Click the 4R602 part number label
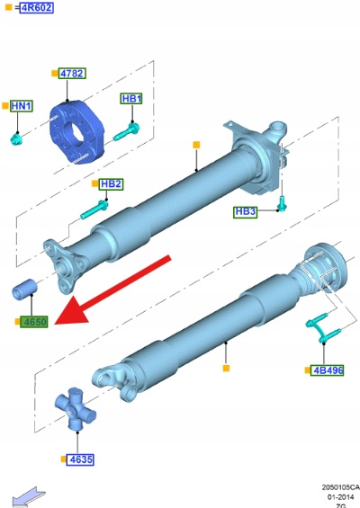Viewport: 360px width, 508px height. click(36, 7)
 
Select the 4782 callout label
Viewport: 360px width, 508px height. click(72, 74)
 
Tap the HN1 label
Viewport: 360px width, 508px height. click(22, 106)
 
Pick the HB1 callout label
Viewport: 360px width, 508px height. click(131, 99)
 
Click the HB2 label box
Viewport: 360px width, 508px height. click(111, 184)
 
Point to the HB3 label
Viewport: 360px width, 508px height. click(245, 211)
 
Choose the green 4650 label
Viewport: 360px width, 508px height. click(34, 322)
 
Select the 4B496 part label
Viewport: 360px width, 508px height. click(328, 370)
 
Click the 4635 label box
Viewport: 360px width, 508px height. click(80, 459)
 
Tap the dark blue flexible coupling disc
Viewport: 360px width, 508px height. click(76, 132)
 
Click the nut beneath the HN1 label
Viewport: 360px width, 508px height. click(15, 139)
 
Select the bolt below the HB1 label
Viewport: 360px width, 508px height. click(127, 132)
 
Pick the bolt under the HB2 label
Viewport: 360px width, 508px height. click(94, 209)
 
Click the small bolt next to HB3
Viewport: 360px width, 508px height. click(283, 203)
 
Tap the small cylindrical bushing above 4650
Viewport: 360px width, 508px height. click(24, 289)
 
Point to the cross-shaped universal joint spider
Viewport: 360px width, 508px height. click(75, 408)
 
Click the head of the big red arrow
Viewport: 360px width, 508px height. click(73, 311)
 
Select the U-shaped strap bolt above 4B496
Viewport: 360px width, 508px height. click(323, 328)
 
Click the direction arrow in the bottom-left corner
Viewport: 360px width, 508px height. click(29, 496)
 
